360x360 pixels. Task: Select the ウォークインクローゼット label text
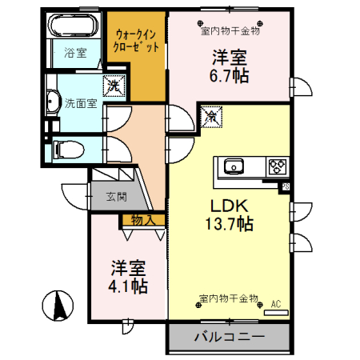click(137, 41)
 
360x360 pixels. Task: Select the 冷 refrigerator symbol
click(212, 116)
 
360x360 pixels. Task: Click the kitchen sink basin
click(234, 166)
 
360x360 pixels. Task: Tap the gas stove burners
click(278, 166)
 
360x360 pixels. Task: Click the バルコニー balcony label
click(229, 337)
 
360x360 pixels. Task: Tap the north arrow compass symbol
click(58, 306)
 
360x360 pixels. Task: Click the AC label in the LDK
click(276, 303)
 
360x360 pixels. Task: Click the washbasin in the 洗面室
click(52, 102)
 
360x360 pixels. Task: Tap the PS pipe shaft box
click(286, 186)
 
